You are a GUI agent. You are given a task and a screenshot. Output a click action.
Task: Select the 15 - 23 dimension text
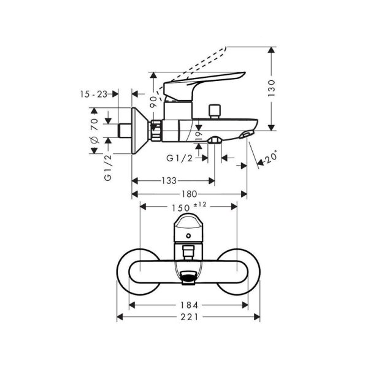pos(93,94)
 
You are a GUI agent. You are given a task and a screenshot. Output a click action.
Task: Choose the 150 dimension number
pos(181,207)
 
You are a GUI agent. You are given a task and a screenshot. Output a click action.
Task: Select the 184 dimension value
pos(189,304)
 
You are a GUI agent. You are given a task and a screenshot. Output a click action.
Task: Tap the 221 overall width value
pos(189,318)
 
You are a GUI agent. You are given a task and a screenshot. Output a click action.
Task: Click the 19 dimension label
pos(198,136)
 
